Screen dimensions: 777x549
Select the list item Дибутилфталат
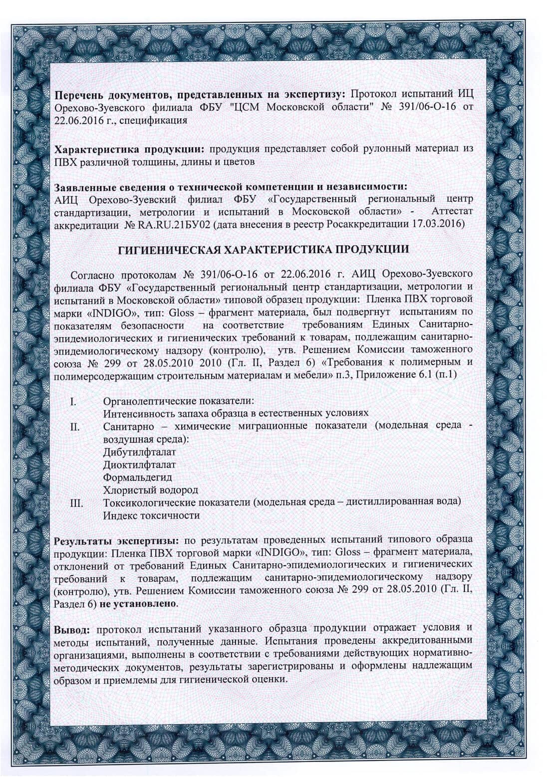(139, 452)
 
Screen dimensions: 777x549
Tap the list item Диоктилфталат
(139, 465)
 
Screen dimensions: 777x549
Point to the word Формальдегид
(137, 477)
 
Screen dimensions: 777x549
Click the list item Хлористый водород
(150, 490)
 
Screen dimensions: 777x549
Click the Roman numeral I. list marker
(73, 401)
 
